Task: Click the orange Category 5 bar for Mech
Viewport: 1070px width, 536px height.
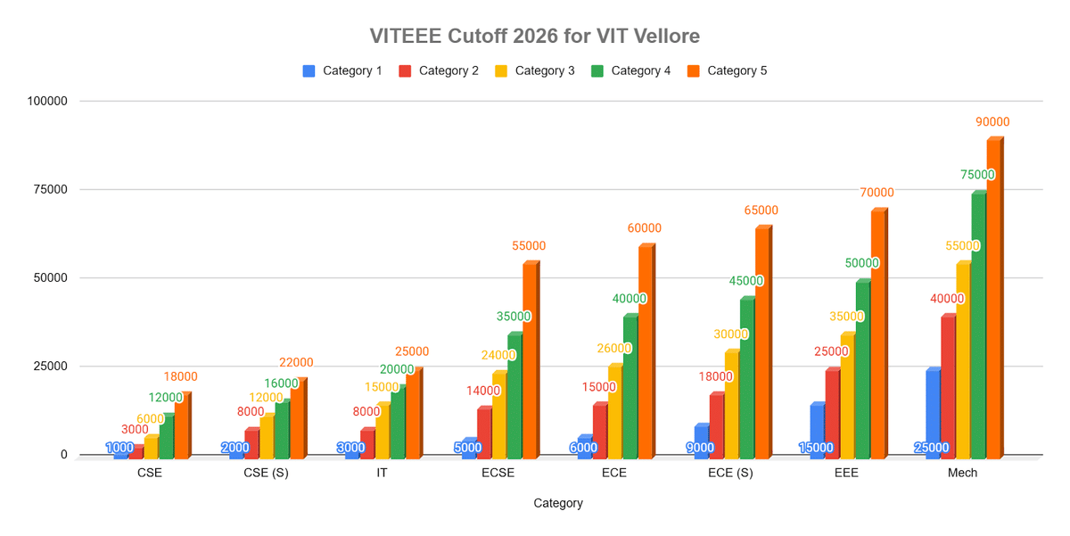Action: click(x=993, y=299)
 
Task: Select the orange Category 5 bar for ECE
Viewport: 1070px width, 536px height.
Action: click(x=645, y=351)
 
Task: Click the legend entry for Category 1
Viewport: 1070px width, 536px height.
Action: click(x=342, y=70)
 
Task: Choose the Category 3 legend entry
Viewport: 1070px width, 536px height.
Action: click(x=534, y=70)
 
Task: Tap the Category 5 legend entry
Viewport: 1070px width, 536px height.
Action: click(x=727, y=70)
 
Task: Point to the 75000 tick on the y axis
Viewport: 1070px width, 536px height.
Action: click(x=51, y=189)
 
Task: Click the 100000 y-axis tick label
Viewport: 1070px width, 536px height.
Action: click(x=47, y=101)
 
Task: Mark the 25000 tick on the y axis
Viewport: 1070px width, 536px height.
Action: click(x=51, y=366)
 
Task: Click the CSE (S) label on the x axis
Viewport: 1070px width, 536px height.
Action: click(x=266, y=474)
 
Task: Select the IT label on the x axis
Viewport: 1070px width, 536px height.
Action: click(x=382, y=474)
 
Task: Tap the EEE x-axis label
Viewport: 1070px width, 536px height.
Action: click(x=846, y=474)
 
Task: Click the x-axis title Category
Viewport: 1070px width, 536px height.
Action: click(x=558, y=503)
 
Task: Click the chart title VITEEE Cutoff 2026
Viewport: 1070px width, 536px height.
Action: click(x=535, y=37)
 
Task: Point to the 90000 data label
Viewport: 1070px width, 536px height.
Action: click(x=992, y=122)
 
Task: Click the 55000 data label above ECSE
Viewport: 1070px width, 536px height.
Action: click(x=529, y=246)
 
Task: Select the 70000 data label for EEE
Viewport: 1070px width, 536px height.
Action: click(x=877, y=193)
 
